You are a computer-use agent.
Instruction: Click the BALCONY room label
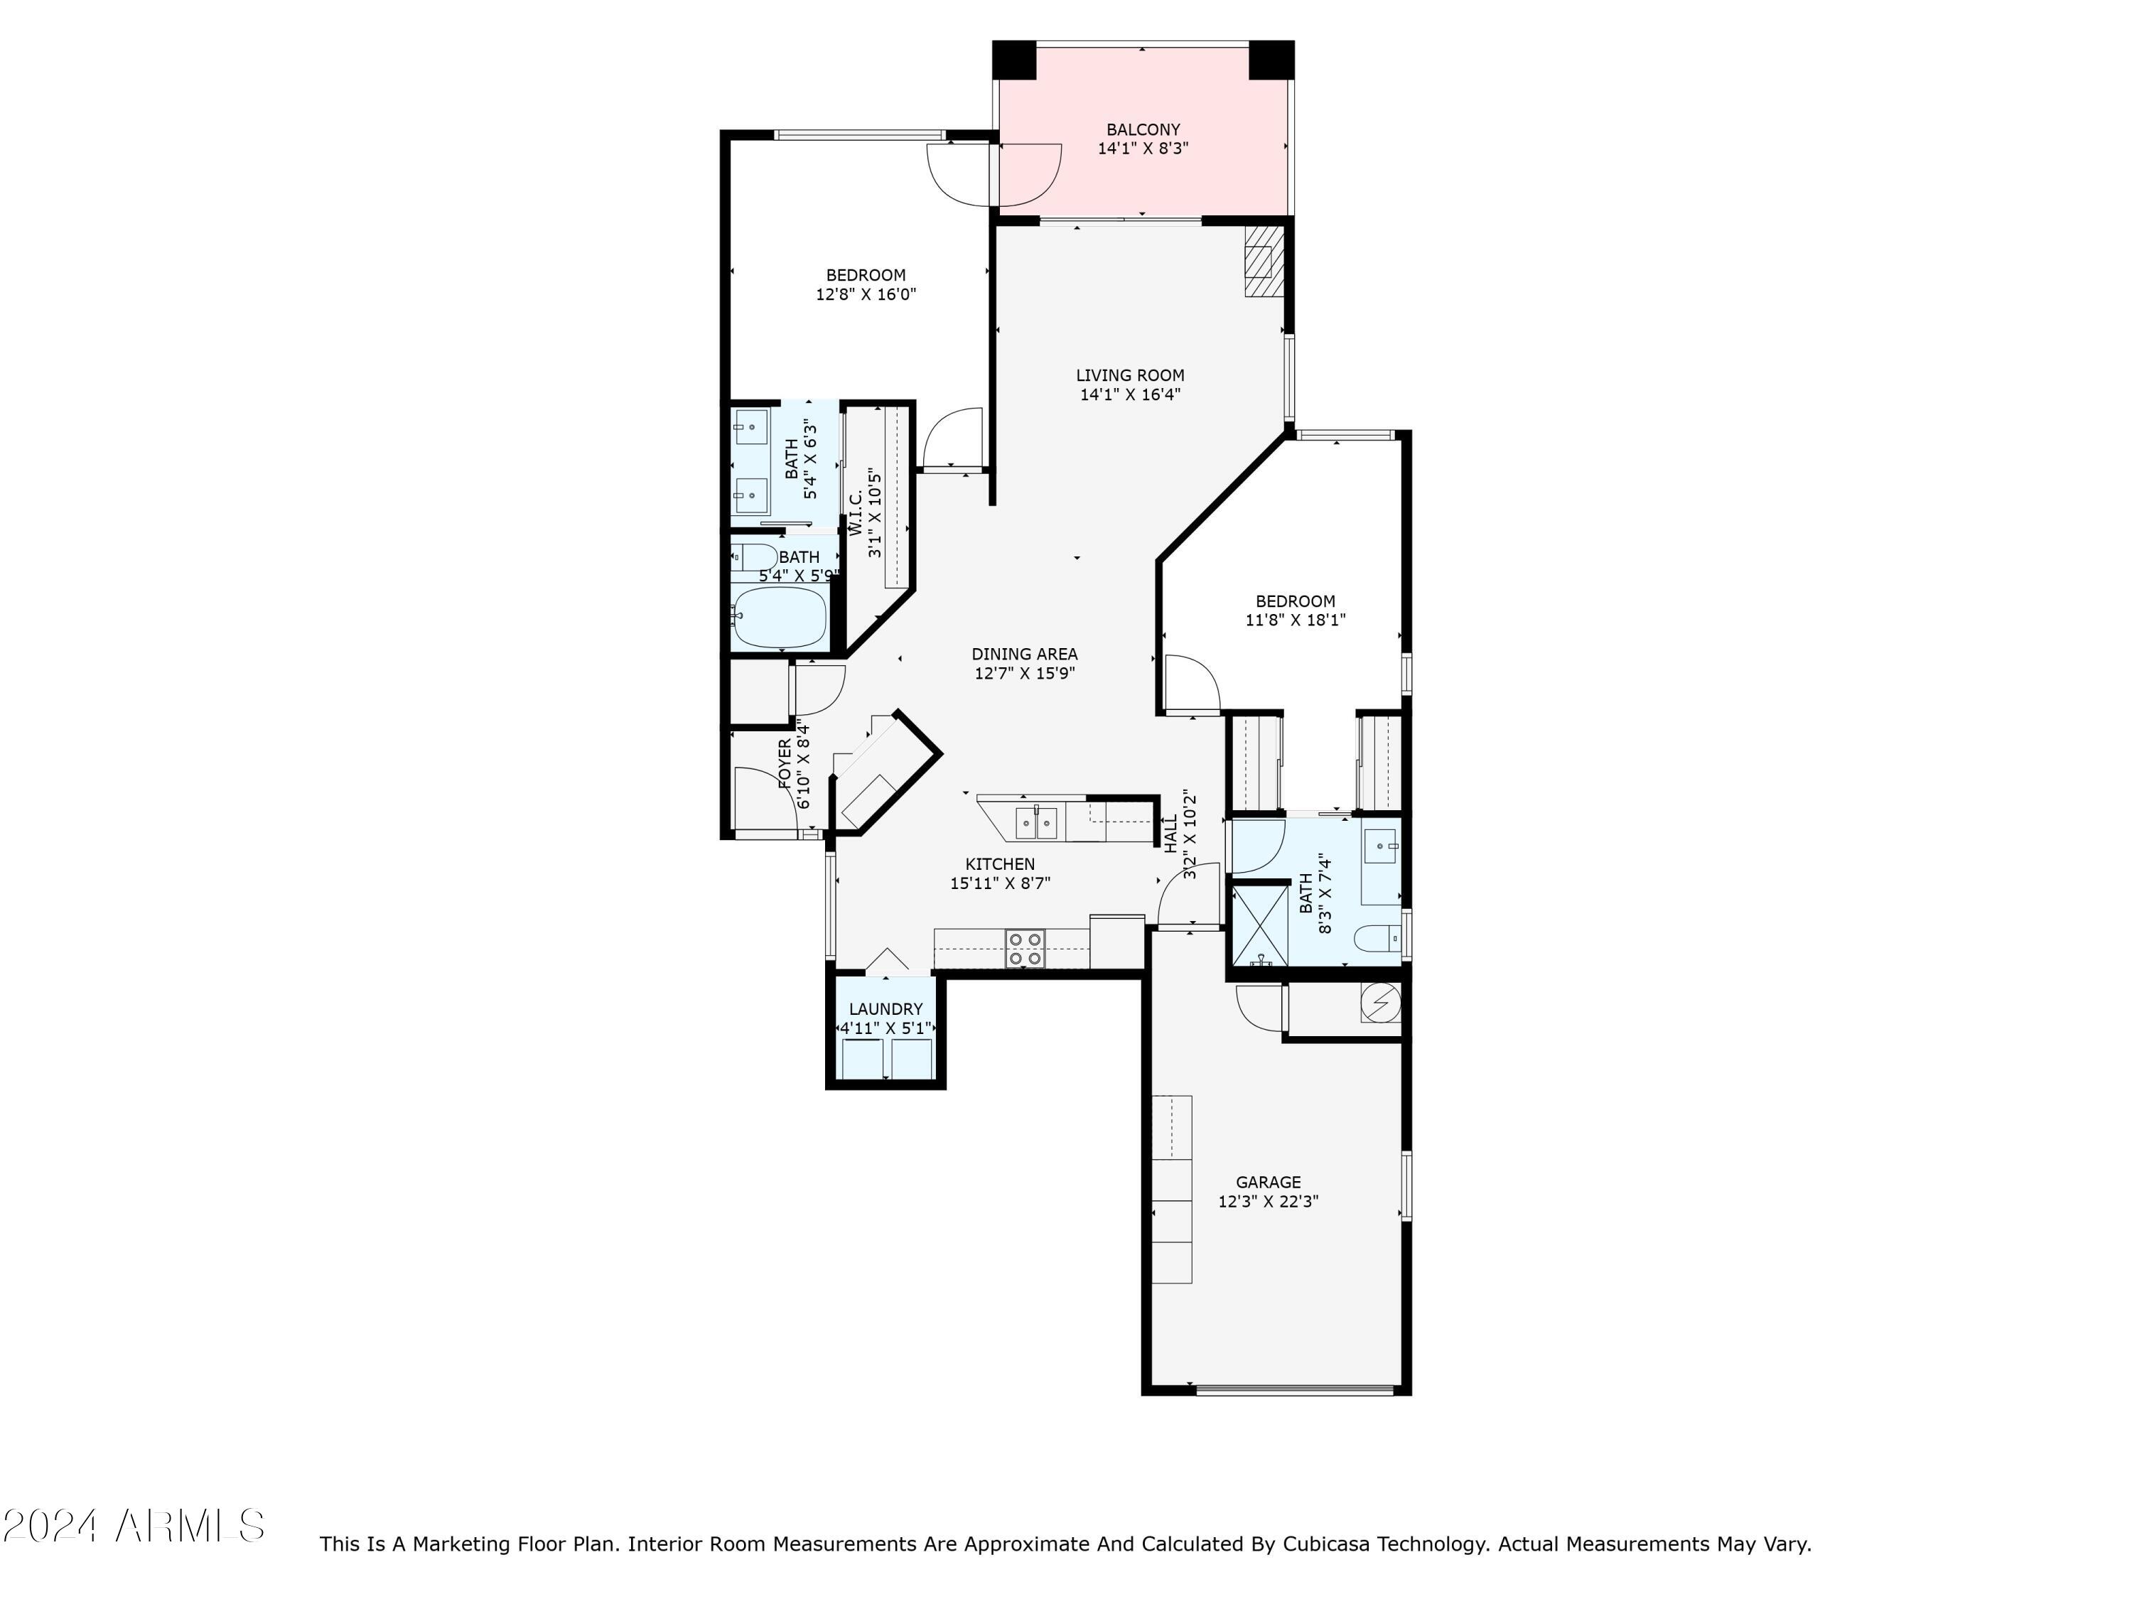click(x=1142, y=129)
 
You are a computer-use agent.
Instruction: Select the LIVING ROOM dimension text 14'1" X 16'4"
click(x=1130, y=394)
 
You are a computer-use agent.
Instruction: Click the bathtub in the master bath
click(x=779, y=617)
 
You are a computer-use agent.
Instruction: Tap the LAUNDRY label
click(x=885, y=1009)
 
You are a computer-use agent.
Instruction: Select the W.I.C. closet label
click(x=855, y=513)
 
